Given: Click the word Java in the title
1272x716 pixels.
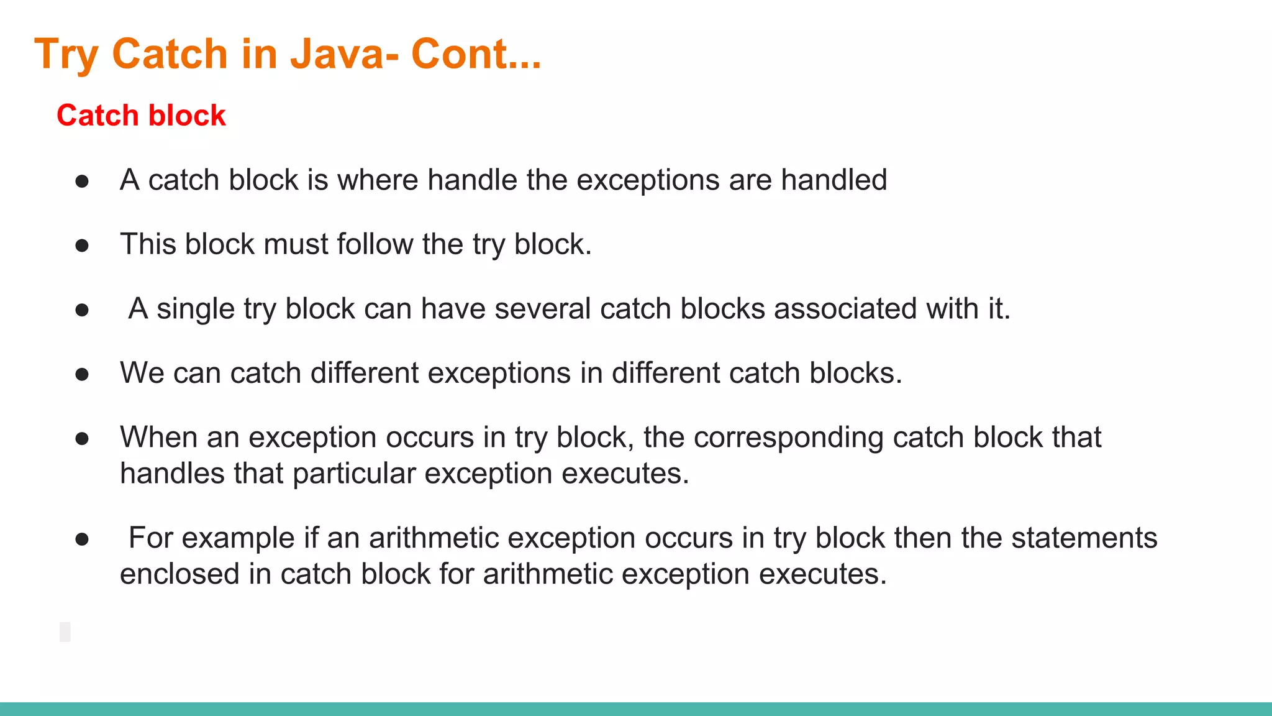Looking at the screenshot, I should [337, 53].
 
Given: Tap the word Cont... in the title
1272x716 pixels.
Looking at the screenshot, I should [476, 53].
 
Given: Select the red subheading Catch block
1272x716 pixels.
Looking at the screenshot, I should [141, 116].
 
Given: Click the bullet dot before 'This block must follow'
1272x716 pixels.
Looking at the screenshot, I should [82, 246].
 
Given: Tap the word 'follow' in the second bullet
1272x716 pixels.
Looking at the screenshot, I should [375, 244].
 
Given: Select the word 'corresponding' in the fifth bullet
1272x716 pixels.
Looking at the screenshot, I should [788, 438].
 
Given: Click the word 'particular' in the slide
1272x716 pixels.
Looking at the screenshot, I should [354, 474].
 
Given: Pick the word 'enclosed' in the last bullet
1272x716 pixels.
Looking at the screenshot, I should [179, 574].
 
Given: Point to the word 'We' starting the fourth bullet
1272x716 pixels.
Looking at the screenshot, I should [142, 374].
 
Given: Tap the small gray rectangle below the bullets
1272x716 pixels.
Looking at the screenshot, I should [65, 631].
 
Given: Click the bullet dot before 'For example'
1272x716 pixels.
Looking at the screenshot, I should [82, 539].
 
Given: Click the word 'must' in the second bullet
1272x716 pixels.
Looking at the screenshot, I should [296, 244].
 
